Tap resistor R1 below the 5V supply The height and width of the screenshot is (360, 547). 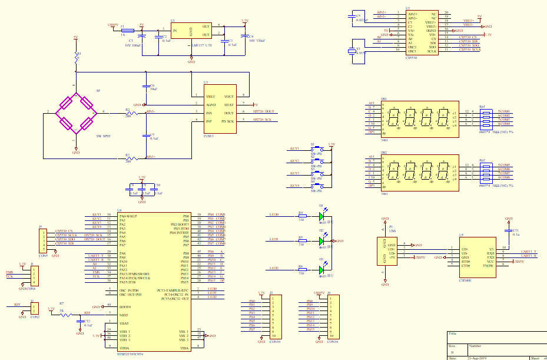[x=75, y=57]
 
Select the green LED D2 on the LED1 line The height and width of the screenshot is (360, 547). [x=321, y=240]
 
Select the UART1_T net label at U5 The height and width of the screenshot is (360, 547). [x=528, y=252]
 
